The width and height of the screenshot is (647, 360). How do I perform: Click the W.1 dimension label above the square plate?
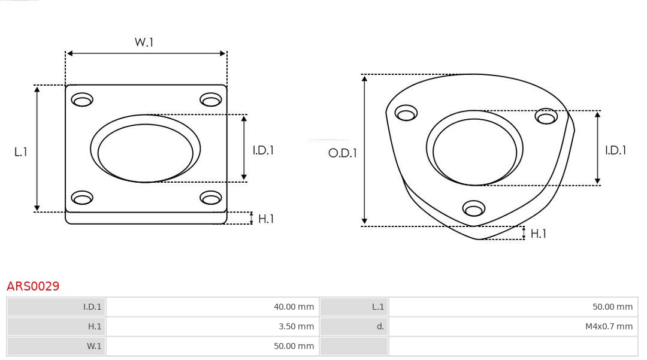(x=144, y=42)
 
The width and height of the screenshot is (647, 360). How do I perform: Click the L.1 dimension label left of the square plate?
(x=21, y=152)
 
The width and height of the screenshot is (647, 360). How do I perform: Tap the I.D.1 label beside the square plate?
(x=262, y=150)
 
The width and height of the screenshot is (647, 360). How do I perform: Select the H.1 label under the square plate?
(x=265, y=219)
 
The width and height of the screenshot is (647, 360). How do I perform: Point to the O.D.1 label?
(x=342, y=153)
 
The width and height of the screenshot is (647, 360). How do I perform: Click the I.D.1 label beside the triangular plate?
(x=615, y=150)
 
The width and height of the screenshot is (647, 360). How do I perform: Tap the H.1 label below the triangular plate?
(x=538, y=234)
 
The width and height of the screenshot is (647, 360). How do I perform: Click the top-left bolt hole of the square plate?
(x=82, y=99)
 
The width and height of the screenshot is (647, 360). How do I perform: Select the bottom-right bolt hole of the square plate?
(x=211, y=198)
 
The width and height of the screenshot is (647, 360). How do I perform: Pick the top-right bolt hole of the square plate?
(x=211, y=99)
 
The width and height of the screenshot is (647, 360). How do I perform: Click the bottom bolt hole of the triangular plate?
(x=474, y=208)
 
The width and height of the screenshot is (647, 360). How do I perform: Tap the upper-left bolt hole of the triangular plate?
(x=406, y=113)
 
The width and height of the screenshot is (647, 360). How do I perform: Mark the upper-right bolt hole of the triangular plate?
(x=546, y=116)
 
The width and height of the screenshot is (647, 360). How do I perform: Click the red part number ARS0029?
(x=33, y=286)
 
